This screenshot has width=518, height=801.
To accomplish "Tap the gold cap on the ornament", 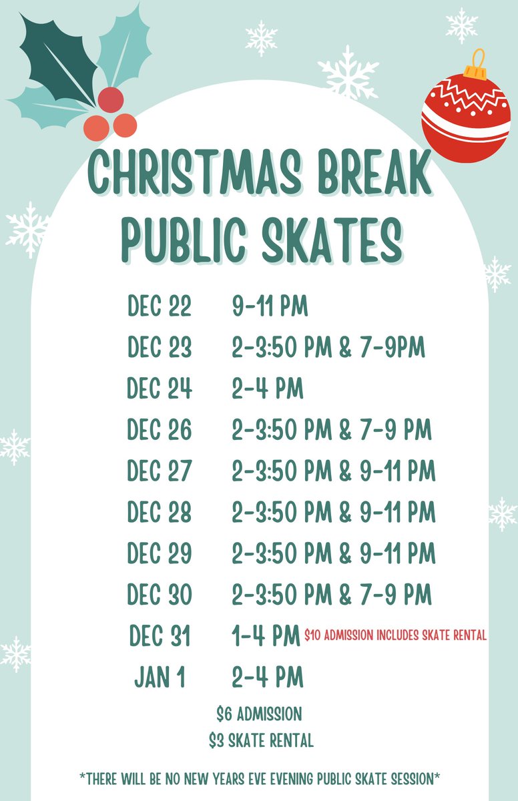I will point(475,65).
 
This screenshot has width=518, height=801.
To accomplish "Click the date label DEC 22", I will point(160,306).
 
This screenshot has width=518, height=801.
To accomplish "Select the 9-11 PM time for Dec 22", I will point(270,306).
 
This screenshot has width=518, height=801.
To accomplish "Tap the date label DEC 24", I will point(160,388).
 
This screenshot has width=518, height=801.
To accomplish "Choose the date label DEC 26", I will point(160,430).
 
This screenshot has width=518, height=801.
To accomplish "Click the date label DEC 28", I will point(160,513).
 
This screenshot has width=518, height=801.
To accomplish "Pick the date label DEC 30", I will point(160,595).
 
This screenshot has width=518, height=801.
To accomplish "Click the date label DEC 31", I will point(160,636).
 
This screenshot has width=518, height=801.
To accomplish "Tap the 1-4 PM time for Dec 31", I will point(265,636).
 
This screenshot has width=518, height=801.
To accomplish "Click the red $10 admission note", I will point(395,636).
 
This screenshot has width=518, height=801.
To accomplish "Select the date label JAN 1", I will point(160,678).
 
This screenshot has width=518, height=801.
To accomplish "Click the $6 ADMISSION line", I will point(259,714).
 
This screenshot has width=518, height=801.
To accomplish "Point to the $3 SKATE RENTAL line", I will point(260,740).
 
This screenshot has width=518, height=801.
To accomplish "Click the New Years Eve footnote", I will point(259,778).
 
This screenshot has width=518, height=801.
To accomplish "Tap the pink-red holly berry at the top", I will point(110,99).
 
